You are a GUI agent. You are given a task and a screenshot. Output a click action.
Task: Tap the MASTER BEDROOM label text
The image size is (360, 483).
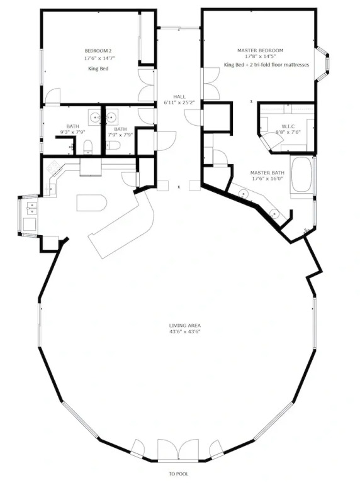[x=260, y=50]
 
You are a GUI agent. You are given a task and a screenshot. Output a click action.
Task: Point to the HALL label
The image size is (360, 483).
[x=179, y=97]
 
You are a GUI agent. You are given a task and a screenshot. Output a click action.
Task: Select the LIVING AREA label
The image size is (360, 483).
[x=185, y=325]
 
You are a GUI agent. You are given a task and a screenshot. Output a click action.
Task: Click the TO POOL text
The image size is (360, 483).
[x=179, y=474]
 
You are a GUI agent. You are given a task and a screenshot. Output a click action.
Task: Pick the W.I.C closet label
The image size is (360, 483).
[x=288, y=126]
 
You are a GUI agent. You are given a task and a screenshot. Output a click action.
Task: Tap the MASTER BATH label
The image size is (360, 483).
[x=267, y=173]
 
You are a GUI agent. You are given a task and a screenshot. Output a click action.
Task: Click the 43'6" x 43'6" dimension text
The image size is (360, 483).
[x=185, y=332]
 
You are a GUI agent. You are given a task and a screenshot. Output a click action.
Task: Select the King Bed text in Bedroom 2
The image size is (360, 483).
[x=98, y=69]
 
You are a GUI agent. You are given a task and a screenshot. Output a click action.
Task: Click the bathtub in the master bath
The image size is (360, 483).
[x=301, y=175]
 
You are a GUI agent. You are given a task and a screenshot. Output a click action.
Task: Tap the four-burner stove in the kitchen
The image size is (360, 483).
[x=53, y=167]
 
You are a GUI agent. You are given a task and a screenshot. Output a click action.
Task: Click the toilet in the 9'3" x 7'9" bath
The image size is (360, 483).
[x=88, y=147]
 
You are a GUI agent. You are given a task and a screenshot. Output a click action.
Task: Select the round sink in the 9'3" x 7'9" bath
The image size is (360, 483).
[x=95, y=118]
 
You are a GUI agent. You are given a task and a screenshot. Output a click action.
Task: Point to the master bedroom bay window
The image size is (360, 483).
[x=322, y=64]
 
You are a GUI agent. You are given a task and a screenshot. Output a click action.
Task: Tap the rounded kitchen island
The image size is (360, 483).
[x=91, y=203]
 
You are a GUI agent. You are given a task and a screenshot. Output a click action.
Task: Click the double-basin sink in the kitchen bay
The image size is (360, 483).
[x=31, y=208]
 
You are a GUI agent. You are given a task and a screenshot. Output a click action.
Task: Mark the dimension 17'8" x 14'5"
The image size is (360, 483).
[x=260, y=57]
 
